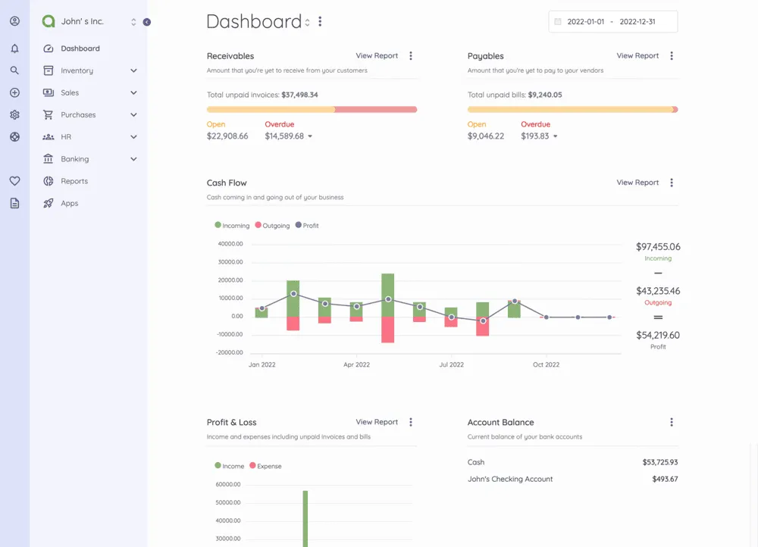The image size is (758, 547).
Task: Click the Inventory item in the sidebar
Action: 77,70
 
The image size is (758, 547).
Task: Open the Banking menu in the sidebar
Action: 75,159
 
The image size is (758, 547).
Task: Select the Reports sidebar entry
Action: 74,181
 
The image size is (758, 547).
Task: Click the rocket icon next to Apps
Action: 49,203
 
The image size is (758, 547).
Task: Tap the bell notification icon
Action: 14,48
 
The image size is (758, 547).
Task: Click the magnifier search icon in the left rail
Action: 14,70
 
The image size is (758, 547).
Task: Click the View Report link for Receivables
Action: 377,55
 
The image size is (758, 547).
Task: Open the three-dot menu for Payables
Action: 672,55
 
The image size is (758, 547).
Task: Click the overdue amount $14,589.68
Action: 284,136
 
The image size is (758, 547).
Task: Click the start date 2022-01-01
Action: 586,22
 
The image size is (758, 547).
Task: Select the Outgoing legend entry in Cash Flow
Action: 272,226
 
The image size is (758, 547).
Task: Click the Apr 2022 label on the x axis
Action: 356,364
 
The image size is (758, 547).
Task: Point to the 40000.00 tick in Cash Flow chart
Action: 230,244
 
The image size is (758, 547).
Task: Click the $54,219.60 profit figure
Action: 658,335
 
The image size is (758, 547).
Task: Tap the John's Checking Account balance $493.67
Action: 665,479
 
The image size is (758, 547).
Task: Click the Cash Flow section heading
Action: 227,183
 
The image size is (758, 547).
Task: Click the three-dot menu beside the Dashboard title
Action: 320,22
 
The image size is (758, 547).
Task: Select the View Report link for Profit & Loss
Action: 377,422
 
